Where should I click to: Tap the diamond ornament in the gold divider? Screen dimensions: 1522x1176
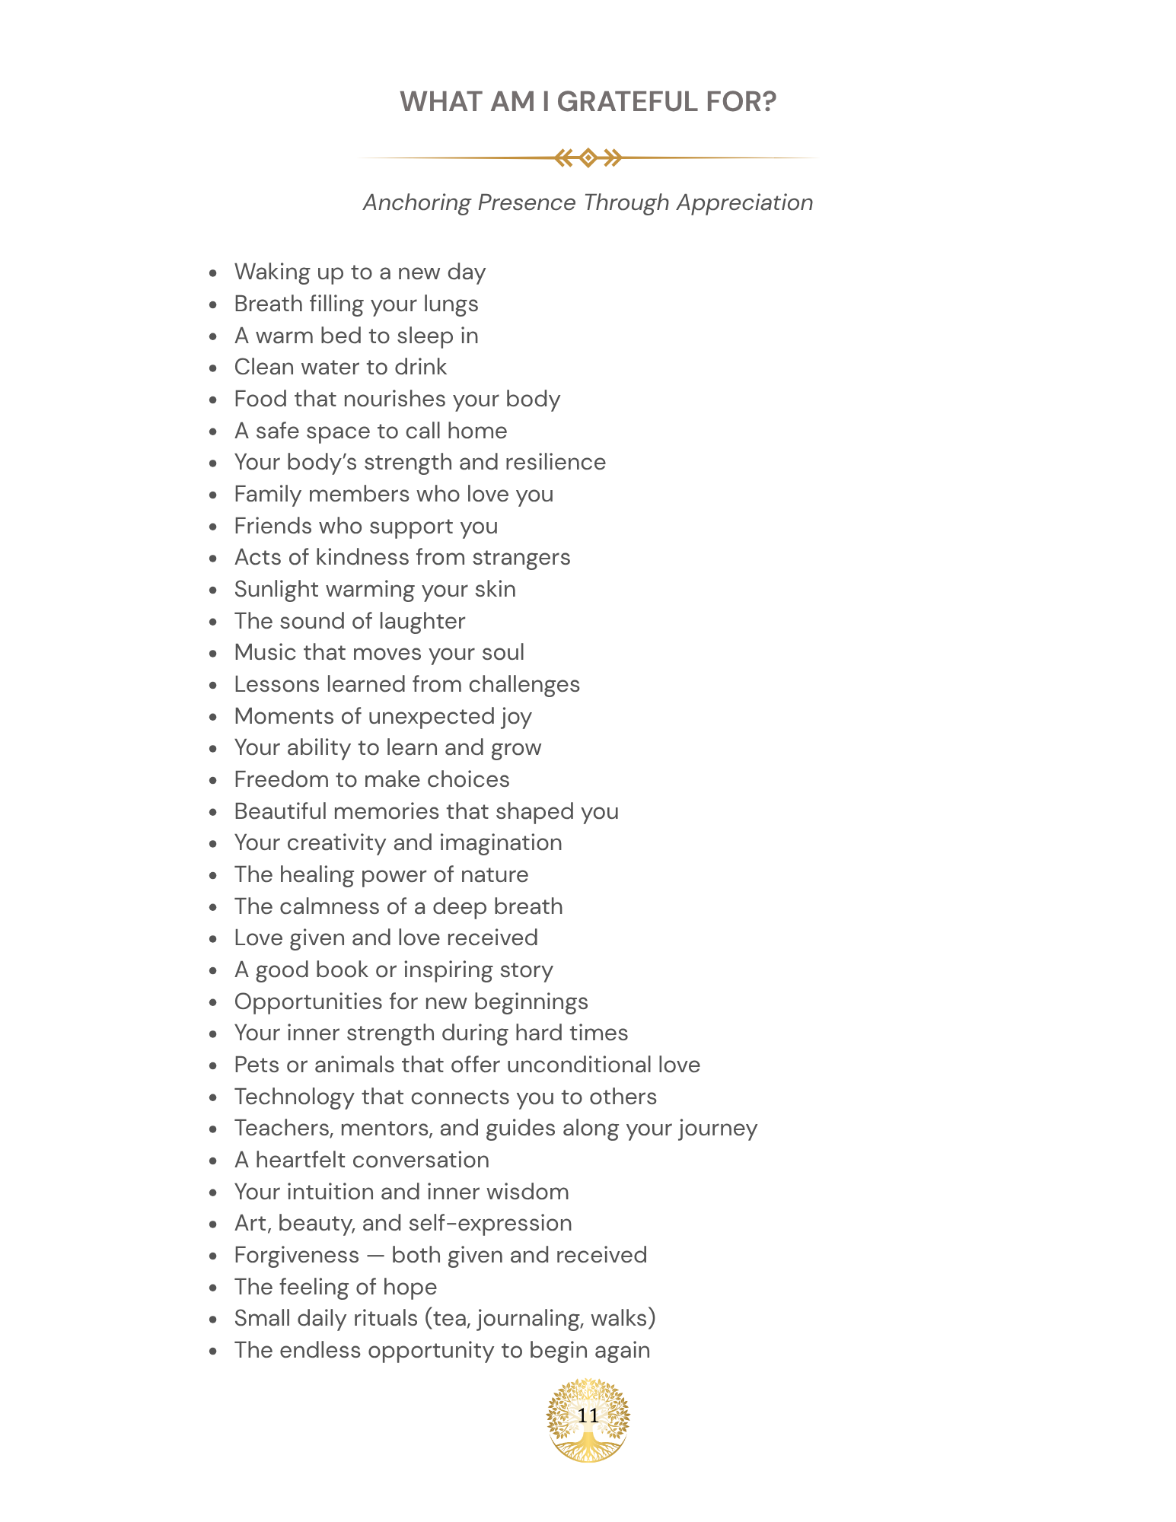pos(588,158)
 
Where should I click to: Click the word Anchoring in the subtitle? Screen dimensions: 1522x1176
pos(416,203)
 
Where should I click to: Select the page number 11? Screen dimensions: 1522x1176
pos(588,1415)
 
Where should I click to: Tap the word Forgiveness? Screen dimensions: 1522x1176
pos(296,1256)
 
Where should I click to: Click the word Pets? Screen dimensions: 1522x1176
pos(257,1065)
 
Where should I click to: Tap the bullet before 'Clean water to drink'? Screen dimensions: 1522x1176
pos(214,368)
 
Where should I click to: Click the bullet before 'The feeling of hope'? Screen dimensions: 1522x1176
pos(214,1288)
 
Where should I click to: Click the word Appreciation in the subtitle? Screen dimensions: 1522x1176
pos(744,203)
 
